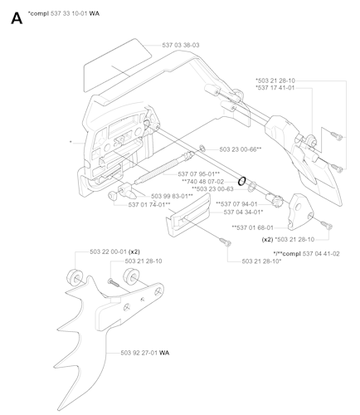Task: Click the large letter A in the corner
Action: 15,17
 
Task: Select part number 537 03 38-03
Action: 178,44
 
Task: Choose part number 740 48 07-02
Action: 197,181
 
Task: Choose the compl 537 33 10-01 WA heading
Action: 64,14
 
